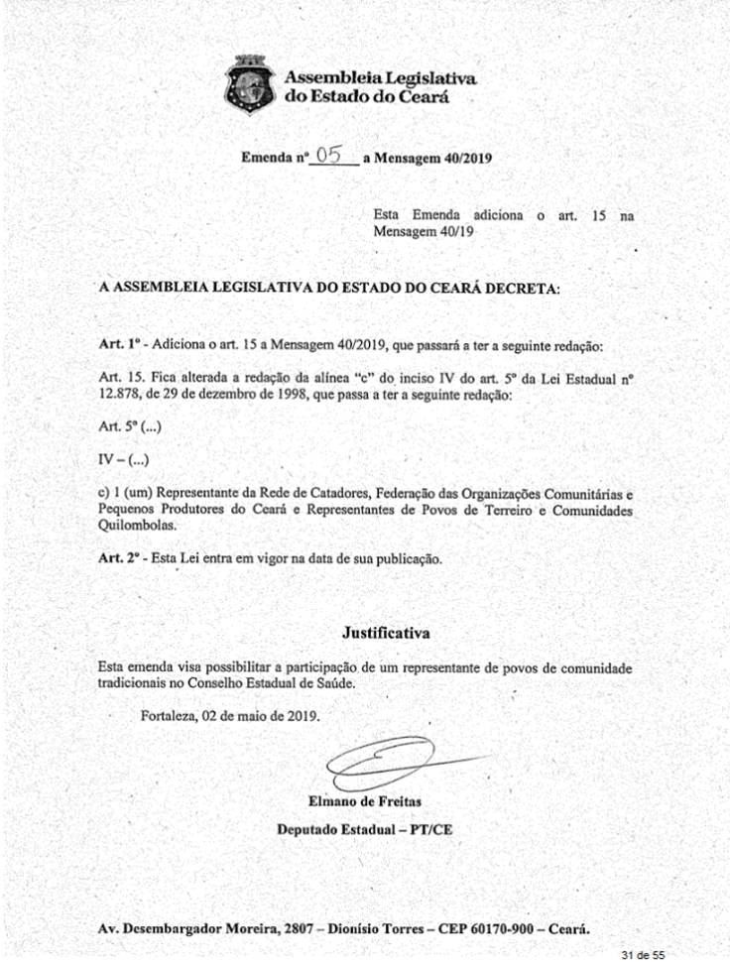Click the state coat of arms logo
[x=251, y=85]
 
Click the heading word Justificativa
[x=387, y=631]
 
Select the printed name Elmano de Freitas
[x=364, y=800]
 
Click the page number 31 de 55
[x=642, y=953]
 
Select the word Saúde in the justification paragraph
[x=332, y=683]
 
